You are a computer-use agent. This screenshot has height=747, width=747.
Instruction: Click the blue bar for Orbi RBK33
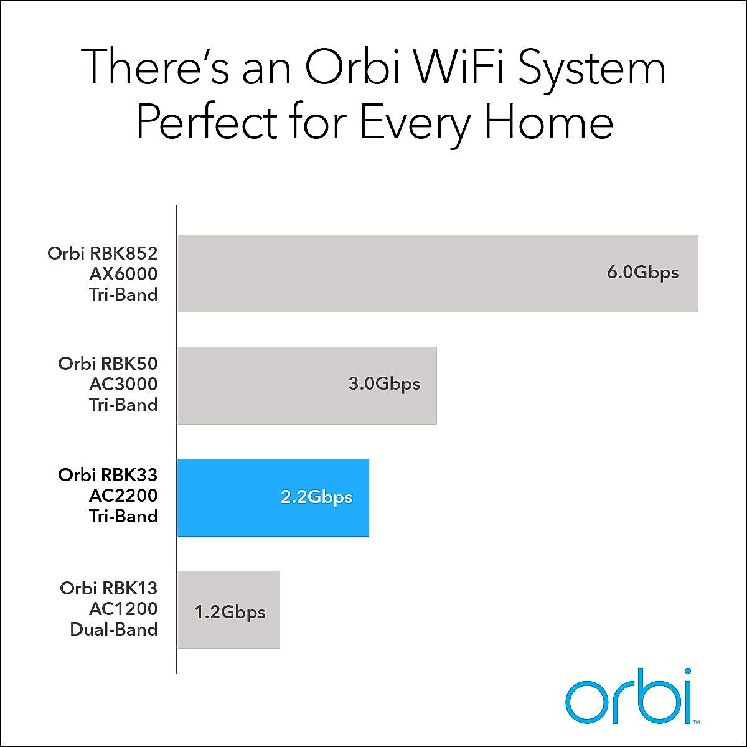[x=273, y=497]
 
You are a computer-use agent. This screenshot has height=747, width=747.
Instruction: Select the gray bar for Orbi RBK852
[x=437, y=273]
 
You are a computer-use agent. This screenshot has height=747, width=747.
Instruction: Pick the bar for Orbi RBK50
[x=307, y=385]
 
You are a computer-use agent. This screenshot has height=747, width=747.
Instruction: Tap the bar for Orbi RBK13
[x=228, y=609]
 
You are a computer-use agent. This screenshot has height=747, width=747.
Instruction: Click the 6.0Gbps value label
[x=642, y=273]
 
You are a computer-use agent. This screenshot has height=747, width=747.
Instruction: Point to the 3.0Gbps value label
[x=384, y=384]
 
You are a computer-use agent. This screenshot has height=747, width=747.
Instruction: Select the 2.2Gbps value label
[x=316, y=497]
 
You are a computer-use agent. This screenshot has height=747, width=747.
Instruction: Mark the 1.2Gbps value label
[x=230, y=613]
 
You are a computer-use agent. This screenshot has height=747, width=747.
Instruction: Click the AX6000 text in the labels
[x=123, y=274]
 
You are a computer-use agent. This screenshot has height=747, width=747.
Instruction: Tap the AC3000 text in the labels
[x=123, y=384]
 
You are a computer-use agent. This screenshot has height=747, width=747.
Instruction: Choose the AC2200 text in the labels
[x=123, y=496]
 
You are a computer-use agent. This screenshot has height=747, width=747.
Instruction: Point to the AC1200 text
[x=123, y=609]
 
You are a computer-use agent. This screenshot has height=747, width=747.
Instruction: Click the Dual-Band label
[x=113, y=629]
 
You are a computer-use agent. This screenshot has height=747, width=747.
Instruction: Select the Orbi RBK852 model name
[x=103, y=253]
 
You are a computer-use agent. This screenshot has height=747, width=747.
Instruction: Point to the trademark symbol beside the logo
[x=696, y=722]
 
